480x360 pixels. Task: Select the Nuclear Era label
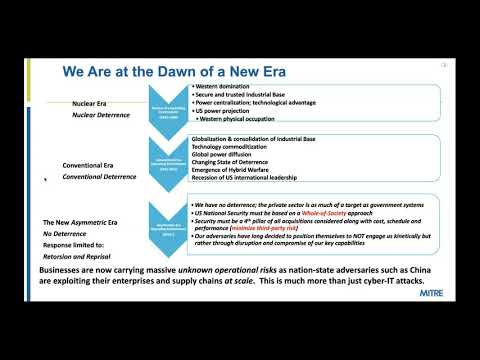96,103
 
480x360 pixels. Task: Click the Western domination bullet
225,88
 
